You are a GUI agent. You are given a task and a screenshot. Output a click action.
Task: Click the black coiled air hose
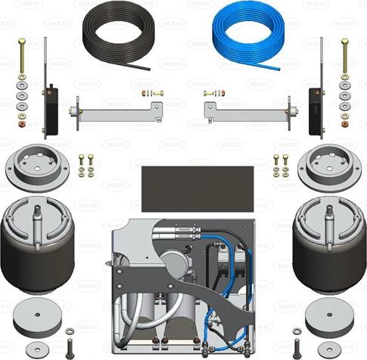[119, 38]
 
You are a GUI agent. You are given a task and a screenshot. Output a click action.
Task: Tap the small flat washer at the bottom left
[37, 349]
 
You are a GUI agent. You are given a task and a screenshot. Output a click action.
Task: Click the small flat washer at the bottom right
[328, 349]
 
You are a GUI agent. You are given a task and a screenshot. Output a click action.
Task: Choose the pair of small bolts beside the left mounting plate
[86, 166]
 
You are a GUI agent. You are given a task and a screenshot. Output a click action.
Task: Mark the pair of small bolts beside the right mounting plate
[281, 166]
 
